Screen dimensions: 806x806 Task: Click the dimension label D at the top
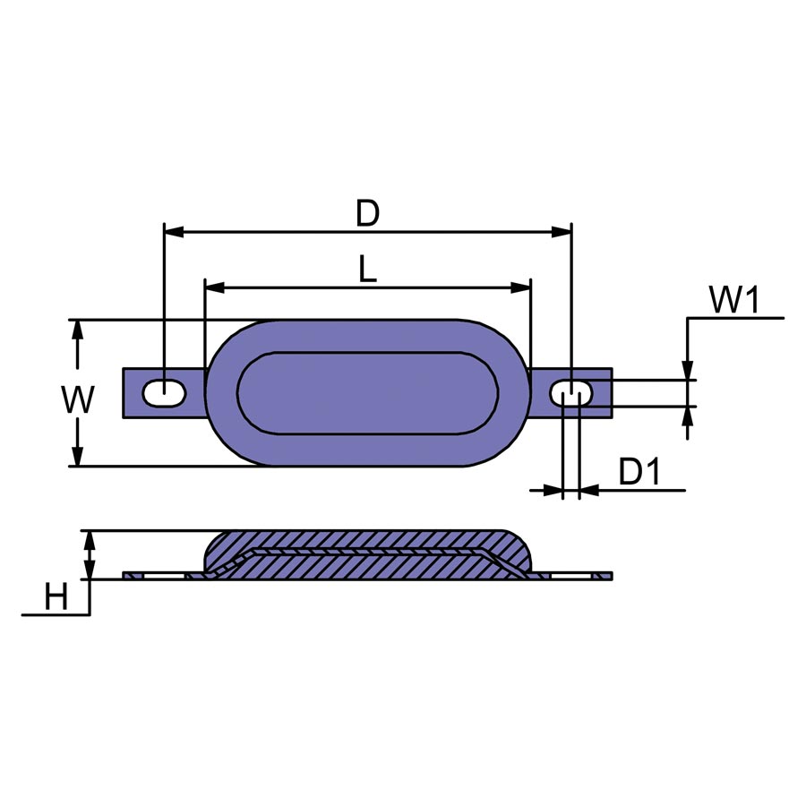(367, 214)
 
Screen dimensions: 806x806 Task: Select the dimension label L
(367, 270)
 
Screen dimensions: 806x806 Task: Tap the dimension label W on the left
(78, 399)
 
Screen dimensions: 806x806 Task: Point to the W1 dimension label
(734, 300)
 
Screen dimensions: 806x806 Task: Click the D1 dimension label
(639, 471)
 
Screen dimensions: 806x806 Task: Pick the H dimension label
(56, 597)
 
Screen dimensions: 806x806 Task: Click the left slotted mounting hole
(165, 393)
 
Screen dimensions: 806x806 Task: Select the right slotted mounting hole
(571, 393)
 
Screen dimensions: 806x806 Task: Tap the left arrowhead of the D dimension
(174, 232)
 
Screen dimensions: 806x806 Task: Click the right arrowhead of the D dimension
(562, 232)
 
